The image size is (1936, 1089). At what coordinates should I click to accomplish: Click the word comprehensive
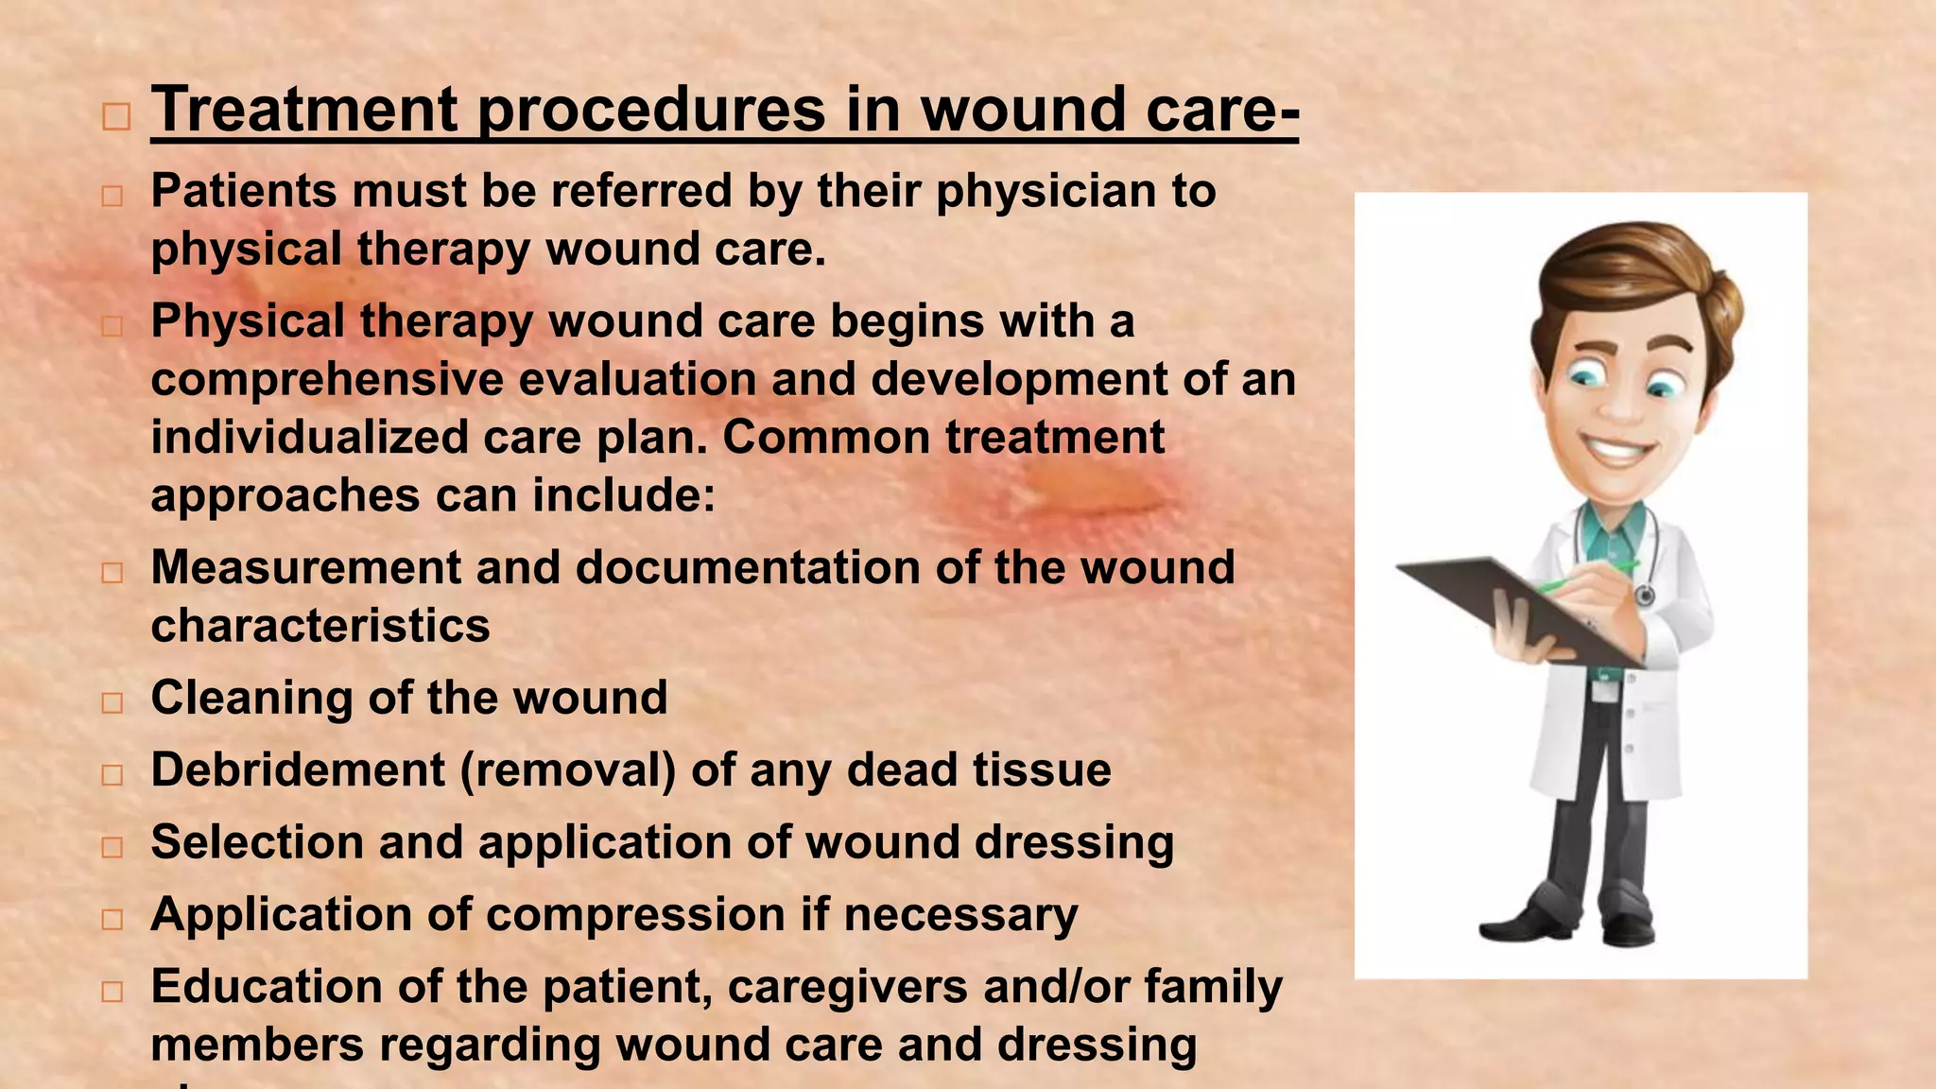tap(326, 380)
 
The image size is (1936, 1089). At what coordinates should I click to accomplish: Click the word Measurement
tap(304, 568)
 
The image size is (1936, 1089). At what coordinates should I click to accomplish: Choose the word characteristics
tap(320, 626)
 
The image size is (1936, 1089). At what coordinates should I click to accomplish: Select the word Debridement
tap(297, 769)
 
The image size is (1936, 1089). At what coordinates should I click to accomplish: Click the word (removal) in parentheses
tap(567, 769)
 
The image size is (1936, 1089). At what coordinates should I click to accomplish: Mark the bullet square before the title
tap(116, 117)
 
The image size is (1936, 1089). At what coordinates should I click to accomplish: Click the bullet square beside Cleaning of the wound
tap(112, 702)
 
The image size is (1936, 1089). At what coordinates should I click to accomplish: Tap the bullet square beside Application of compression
tap(112, 919)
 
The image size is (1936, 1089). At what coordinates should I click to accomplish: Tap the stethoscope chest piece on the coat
tap(1645, 596)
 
